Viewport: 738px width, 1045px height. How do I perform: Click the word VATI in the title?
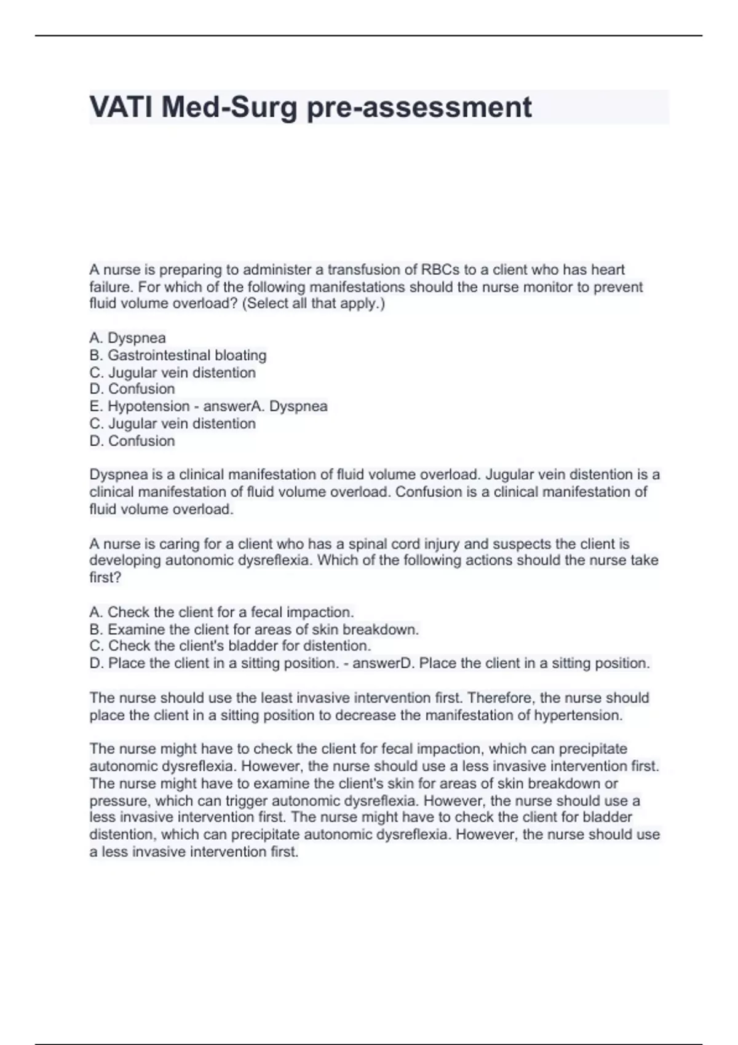(x=121, y=108)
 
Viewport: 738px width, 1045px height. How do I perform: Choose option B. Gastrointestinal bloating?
(x=178, y=355)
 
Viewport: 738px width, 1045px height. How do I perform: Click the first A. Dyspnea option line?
(x=127, y=338)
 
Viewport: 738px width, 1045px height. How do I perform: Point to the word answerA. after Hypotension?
(x=234, y=406)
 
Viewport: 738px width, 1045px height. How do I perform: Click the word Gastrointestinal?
(x=159, y=355)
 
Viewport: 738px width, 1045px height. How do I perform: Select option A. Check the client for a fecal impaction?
(x=221, y=612)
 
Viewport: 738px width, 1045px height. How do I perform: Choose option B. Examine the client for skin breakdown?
(x=254, y=629)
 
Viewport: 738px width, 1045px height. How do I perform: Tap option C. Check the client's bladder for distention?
(x=230, y=646)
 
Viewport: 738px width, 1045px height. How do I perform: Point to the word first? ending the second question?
(x=105, y=578)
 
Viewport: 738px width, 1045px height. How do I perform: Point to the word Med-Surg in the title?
(x=230, y=108)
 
